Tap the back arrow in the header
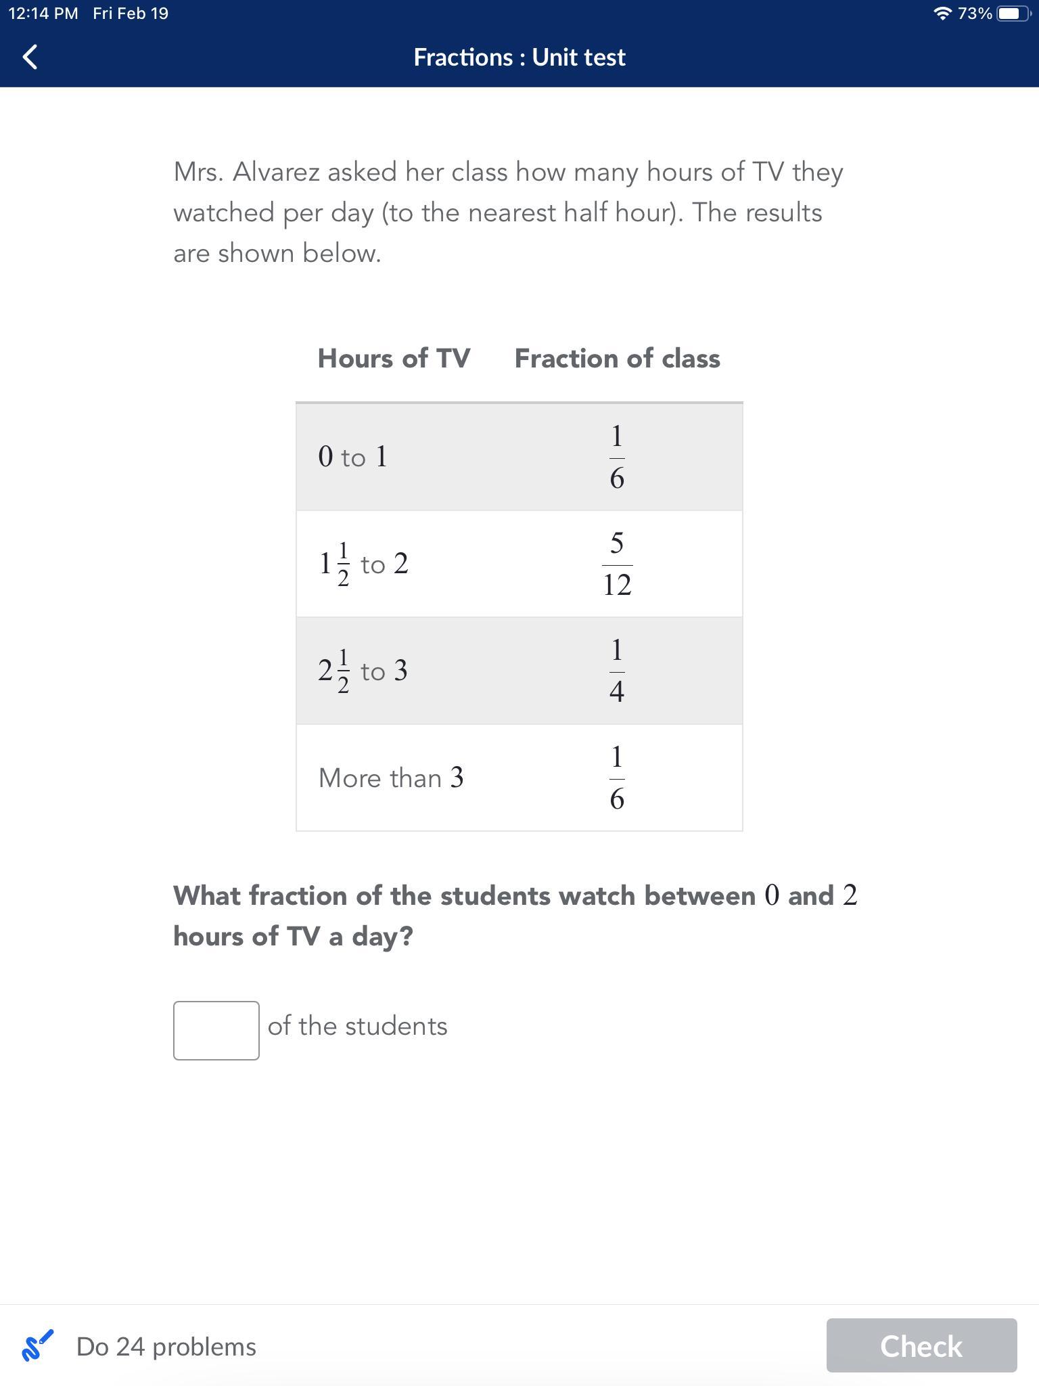tap(30, 57)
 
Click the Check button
tap(921, 1346)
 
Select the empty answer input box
tap(216, 1030)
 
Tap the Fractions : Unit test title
tap(519, 58)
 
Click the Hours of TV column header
tap(394, 358)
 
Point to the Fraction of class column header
tap(617, 358)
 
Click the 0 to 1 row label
tap(352, 457)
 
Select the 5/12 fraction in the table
tap(617, 564)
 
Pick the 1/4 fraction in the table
tap(617, 671)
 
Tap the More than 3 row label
tap(391, 778)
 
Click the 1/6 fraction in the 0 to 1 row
tap(617, 457)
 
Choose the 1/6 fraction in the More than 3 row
tap(617, 778)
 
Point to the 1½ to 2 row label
tap(363, 564)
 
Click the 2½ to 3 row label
tap(363, 671)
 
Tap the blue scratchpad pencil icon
tap(37, 1345)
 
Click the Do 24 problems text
tap(166, 1347)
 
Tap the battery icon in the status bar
tap(1013, 14)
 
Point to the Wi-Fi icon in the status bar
tap(942, 14)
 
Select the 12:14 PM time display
tap(43, 14)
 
